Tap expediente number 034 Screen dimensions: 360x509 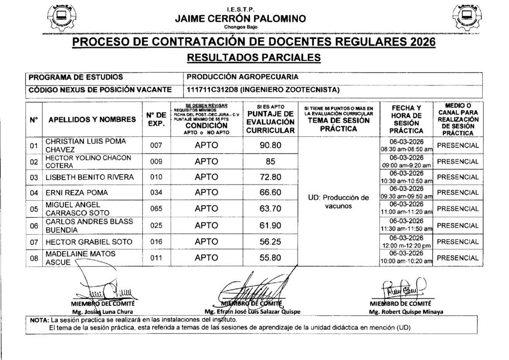pyautogui.click(x=156, y=192)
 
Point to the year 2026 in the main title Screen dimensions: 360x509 pyautogui.click(x=420, y=41)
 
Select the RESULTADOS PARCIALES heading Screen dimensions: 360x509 pyautogui.click(x=254, y=58)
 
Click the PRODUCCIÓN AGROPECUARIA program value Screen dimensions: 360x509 pyautogui.click(x=242, y=78)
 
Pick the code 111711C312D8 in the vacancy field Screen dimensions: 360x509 pyautogui.click(x=212, y=90)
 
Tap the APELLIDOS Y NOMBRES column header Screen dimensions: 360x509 pyautogui.click(x=92, y=119)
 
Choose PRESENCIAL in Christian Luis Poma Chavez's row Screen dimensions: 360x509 pyautogui.click(x=458, y=146)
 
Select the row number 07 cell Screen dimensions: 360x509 pyautogui.click(x=34, y=242)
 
